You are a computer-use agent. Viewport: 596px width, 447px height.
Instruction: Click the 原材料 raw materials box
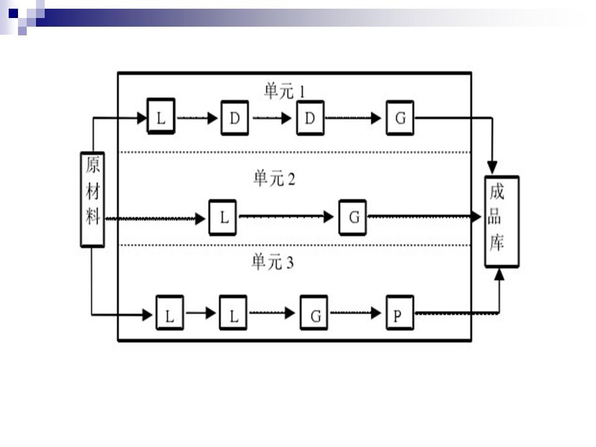pyautogui.click(x=93, y=199)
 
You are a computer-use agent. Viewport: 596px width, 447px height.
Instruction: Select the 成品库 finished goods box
pyautogui.click(x=502, y=222)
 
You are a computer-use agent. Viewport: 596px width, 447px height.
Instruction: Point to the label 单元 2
pyautogui.click(x=274, y=179)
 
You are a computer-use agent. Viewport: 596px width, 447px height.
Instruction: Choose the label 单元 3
pyautogui.click(x=272, y=263)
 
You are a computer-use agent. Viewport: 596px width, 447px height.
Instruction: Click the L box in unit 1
pyautogui.click(x=161, y=117)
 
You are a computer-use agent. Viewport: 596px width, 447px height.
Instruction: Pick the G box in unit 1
pyautogui.click(x=400, y=117)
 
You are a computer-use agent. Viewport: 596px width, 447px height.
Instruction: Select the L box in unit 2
pyautogui.click(x=223, y=217)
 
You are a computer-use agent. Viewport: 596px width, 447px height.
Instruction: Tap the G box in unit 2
pyautogui.click(x=353, y=217)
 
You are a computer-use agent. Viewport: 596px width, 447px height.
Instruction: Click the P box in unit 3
pyautogui.click(x=398, y=314)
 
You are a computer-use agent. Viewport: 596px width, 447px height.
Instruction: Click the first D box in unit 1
pyautogui.click(x=235, y=117)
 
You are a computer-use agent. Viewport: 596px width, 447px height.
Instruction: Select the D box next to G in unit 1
pyautogui.click(x=310, y=117)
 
